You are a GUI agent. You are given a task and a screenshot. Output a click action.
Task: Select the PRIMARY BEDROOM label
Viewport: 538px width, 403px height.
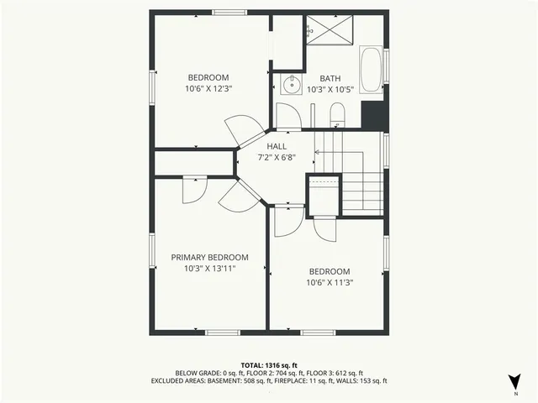coord(209,258)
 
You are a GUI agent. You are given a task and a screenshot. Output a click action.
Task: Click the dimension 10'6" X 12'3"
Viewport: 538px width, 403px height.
coord(208,87)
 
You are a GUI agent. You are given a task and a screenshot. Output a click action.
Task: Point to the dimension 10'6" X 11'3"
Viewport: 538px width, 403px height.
coord(329,283)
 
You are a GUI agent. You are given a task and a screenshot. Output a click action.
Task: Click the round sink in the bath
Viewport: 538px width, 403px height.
coord(290,84)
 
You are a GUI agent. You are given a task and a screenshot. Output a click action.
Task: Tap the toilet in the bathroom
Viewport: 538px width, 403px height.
coord(337,114)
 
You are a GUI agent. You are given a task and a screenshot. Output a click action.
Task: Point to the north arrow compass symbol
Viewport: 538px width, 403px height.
coord(514,379)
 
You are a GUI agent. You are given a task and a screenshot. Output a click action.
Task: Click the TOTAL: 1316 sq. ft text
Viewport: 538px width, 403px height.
coord(269,365)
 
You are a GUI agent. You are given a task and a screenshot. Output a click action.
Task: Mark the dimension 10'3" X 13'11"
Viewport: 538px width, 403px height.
coord(209,269)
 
